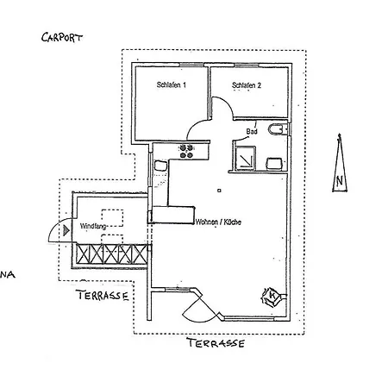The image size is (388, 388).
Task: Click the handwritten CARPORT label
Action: (x=62, y=38)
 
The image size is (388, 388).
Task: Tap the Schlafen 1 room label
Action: (x=172, y=84)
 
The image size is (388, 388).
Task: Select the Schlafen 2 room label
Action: (x=247, y=85)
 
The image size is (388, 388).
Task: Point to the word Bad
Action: (x=252, y=132)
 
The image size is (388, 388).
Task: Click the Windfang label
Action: (x=93, y=226)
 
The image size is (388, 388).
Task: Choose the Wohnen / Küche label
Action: (x=218, y=222)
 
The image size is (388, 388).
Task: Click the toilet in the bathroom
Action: (x=278, y=129)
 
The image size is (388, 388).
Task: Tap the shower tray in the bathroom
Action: (x=245, y=158)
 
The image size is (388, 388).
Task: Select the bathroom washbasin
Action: (x=273, y=164)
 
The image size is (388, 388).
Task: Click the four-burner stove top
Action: (x=186, y=152)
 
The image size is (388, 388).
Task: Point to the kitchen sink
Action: (x=160, y=166)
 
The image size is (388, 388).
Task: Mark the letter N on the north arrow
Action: (x=340, y=181)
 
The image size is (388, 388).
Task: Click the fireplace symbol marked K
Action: (x=272, y=297)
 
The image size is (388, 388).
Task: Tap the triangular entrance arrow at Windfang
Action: (x=66, y=230)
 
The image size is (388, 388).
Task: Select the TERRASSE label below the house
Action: (x=216, y=343)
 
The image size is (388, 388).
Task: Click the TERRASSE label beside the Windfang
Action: (x=103, y=295)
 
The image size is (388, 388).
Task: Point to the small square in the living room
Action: (x=219, y=191)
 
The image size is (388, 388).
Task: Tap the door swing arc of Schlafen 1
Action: (x=196, y=126)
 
